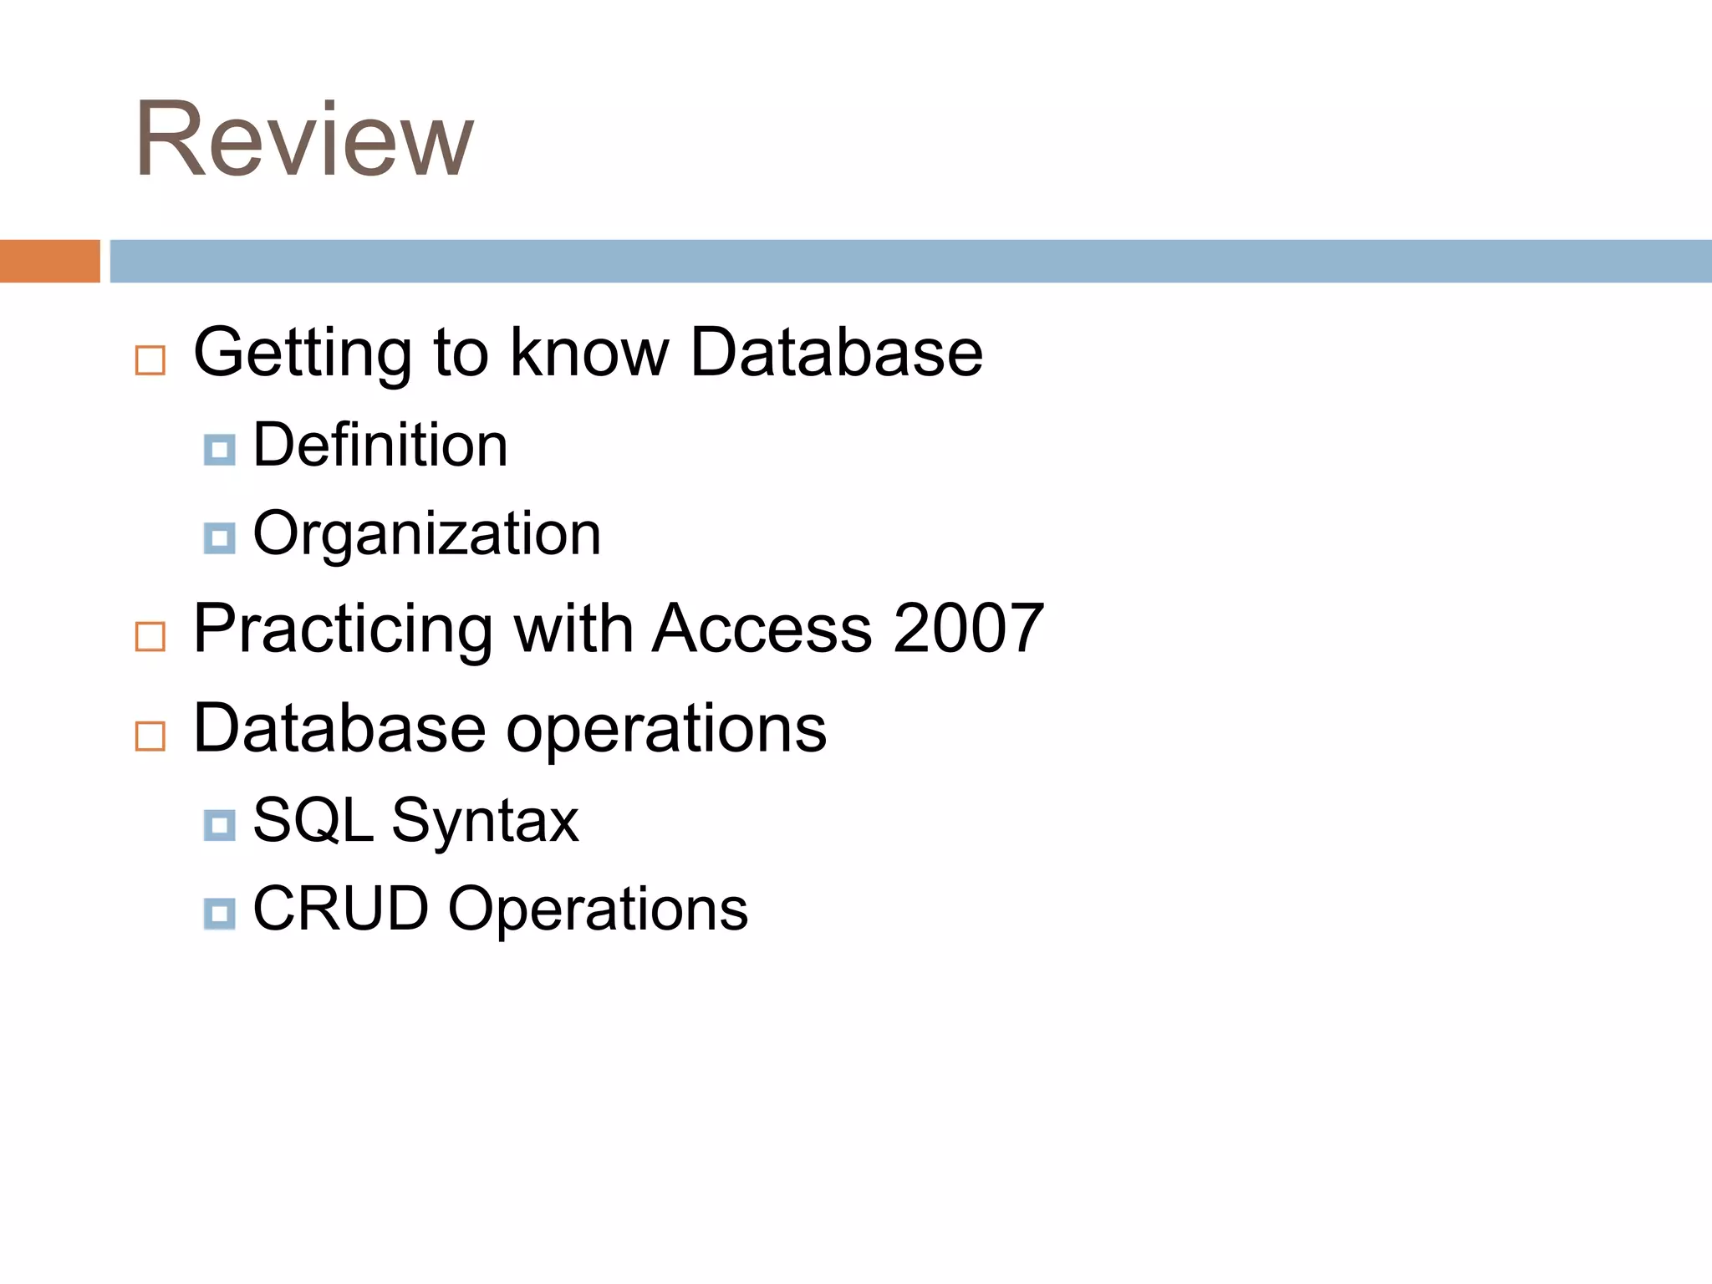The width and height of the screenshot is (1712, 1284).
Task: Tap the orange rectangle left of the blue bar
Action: click(49, 261)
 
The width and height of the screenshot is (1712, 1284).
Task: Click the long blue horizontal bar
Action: click(910, 261)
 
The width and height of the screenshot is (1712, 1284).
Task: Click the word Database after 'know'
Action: click(837, 353)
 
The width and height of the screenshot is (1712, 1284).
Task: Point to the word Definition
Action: click(380, 445)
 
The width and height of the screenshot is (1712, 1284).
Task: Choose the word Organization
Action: click(426, 533)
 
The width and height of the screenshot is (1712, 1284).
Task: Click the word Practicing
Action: click(343, 630)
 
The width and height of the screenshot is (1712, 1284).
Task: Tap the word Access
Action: click(762, 629)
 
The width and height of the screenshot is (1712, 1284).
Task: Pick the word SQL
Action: click(313, 821)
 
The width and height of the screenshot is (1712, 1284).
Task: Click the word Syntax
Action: click(485, 823)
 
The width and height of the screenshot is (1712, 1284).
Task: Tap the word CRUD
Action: click(340, 909)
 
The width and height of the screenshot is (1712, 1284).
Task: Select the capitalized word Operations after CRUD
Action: click(598, 910)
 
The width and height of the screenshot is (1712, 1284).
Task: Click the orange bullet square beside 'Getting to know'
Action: click(150, 360)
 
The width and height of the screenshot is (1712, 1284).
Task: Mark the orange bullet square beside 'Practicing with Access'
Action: click(150, 637)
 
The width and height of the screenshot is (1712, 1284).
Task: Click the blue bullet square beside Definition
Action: click(219, 450)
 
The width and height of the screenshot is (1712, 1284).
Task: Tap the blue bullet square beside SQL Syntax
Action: click(219, 825)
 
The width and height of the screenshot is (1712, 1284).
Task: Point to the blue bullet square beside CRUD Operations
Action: click(219, 914)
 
